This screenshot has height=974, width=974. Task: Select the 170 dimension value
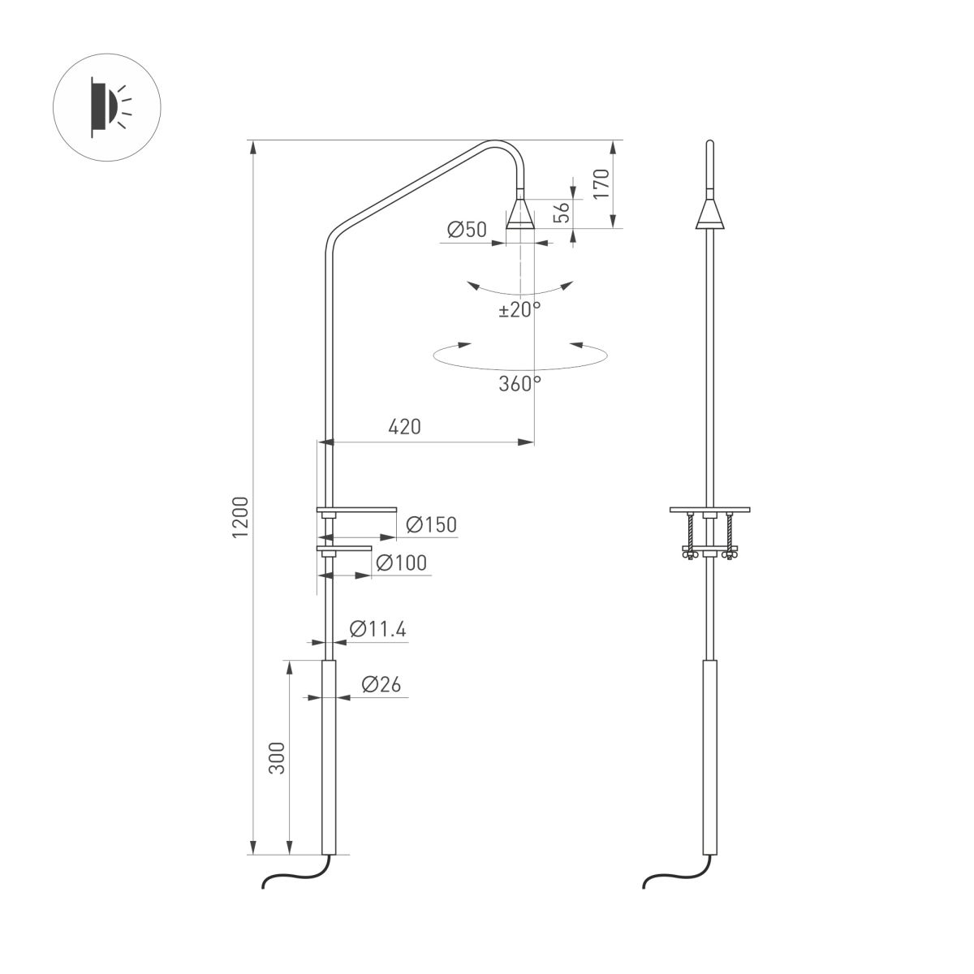tap(601, 185)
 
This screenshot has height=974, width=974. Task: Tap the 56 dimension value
tap(561, 213)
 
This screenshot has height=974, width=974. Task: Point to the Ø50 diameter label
tap(467, 231)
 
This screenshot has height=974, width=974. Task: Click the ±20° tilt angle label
tap(519, 309)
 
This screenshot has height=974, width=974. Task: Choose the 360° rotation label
tap(519, 383)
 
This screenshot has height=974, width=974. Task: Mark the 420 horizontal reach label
tap(403, 426)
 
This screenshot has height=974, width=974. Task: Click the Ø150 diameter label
tap(429, 524)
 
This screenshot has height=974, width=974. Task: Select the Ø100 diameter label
tap(401, 562)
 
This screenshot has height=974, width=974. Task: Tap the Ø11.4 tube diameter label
tap(377, 628)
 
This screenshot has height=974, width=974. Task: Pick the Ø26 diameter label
tap(377, 684)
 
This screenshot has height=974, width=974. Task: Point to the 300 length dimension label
tap(277, 756)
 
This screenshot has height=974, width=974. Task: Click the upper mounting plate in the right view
tap(710, 510)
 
